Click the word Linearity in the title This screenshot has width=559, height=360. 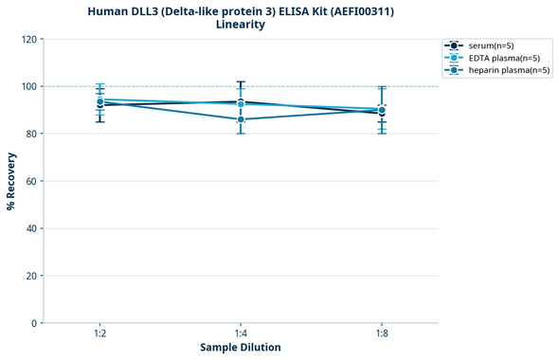point(241,25)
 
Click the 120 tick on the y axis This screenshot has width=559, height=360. point(27,40)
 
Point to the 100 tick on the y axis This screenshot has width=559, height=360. point(27,87)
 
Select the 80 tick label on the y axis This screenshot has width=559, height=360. point(30,135)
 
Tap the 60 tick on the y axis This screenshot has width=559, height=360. point(30,182)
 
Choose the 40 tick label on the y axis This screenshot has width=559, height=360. point(30,229)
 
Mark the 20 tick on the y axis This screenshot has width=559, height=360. point(30,277)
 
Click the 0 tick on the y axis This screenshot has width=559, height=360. point(33,324)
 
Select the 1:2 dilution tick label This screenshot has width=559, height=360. point(99,333)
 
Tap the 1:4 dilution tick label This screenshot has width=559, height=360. point(241,333)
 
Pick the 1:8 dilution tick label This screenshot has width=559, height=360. point(382,333)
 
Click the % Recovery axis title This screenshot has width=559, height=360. point(11,181)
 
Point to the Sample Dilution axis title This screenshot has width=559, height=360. point(241,348)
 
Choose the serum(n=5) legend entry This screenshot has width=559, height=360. point(491,45)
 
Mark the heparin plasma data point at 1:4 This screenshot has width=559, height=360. point(241,119)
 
